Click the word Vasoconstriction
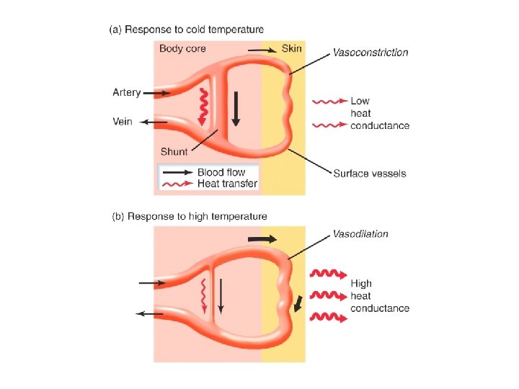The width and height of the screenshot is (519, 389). coord(370,53)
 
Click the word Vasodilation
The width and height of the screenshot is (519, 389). coord(360,234)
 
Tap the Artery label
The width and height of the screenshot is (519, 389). coord(127,92)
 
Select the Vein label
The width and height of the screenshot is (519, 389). coord(123,122)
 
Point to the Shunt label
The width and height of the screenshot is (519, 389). coord(174,152)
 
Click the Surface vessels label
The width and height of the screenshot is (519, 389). coord(369,174)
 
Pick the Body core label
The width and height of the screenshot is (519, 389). coord(182,49)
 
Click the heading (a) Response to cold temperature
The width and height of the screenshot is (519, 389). coord(186,30)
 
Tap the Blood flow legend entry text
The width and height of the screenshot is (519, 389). coord(221,172)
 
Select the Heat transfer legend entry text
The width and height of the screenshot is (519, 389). coord(227,184)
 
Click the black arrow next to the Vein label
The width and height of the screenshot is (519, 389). coord(153,122)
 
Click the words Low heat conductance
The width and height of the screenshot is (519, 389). coord(379,114)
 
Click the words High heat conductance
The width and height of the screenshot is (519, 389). coord(379,296)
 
